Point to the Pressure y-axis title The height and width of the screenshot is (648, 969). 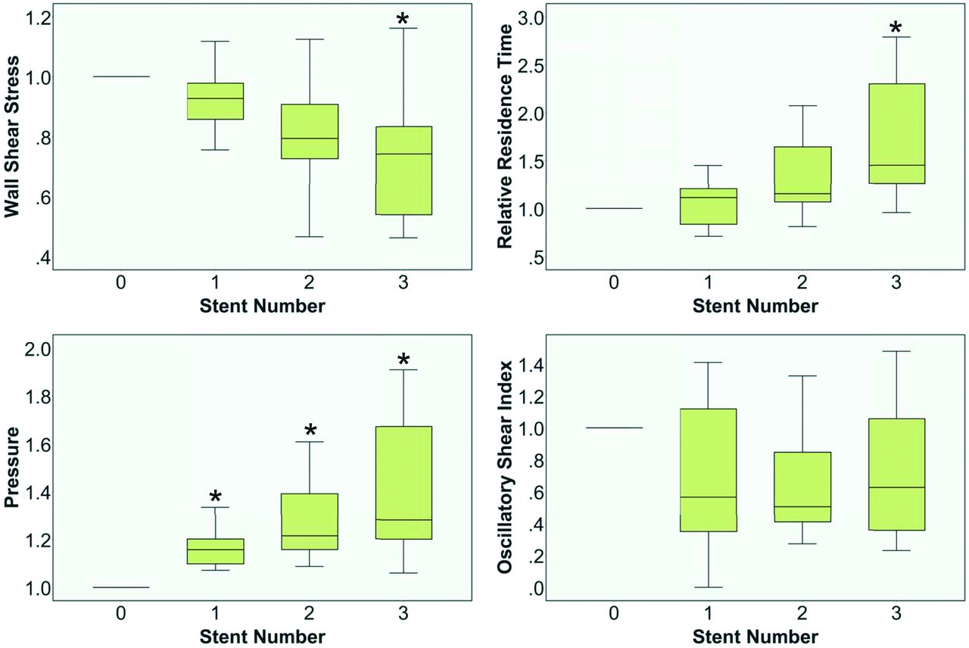tap(13, 468)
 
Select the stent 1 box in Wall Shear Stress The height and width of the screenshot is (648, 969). tap(216, 101)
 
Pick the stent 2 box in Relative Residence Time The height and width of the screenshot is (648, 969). tap(802, 174)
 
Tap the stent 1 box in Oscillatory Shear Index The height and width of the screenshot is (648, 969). tap(709, 469)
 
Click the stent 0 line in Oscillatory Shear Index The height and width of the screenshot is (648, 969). tap(614, 428)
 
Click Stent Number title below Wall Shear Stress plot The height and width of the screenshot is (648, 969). tap(263, 307)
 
